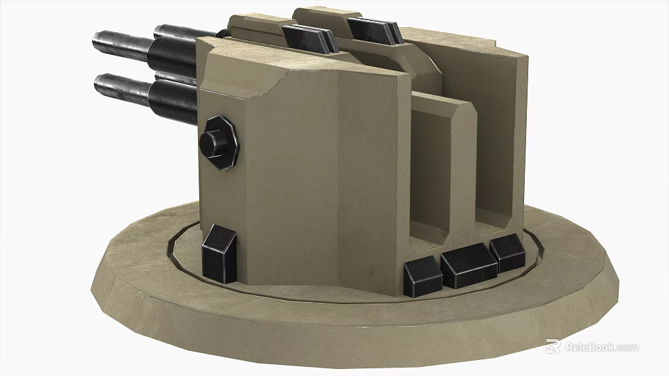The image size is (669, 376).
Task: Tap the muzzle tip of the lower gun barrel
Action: tap(100, 84)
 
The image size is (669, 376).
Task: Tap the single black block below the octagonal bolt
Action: tap(219, 251)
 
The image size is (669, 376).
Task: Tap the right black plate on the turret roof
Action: tap(374, 29)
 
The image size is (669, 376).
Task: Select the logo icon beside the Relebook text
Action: tap(553, 347)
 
